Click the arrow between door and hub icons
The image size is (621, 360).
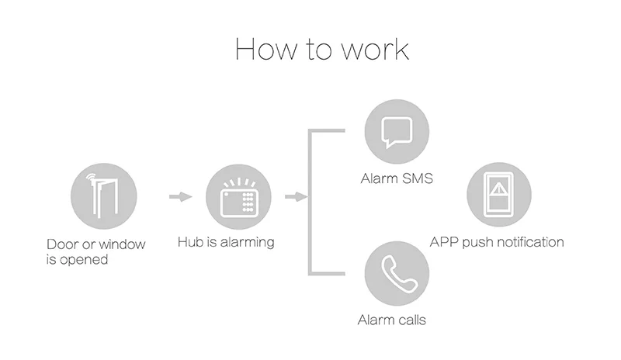click(x=180, y=196)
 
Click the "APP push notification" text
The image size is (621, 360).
click(x=497, y=242)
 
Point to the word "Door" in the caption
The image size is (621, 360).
click(x=62, y=245)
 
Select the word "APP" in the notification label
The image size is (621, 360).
click(x=445, y=242)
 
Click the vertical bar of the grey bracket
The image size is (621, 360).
click(x=312, y=202)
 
